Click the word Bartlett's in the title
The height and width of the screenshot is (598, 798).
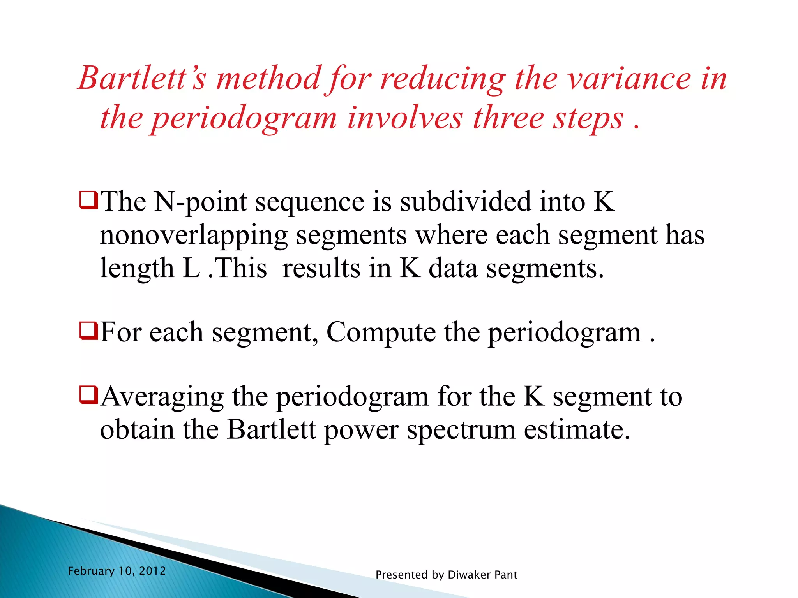pos(142,78)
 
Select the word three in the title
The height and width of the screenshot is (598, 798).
pos(508,118)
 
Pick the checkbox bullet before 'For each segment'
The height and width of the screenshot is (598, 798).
pos(88,331)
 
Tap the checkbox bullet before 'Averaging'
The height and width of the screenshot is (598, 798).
pos(88,395)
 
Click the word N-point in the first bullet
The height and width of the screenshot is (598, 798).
pos(201,202)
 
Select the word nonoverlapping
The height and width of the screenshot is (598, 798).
pos(194,236)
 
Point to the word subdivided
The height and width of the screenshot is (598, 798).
pos(465,202)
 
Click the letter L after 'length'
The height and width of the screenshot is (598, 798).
pos(191,268)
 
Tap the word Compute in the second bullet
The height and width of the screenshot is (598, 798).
pos(381,332)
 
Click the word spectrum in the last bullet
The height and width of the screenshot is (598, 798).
pos(461,430)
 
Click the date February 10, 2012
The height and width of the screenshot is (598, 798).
pos(117,571)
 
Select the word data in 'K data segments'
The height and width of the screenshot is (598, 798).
pos(453,268)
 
